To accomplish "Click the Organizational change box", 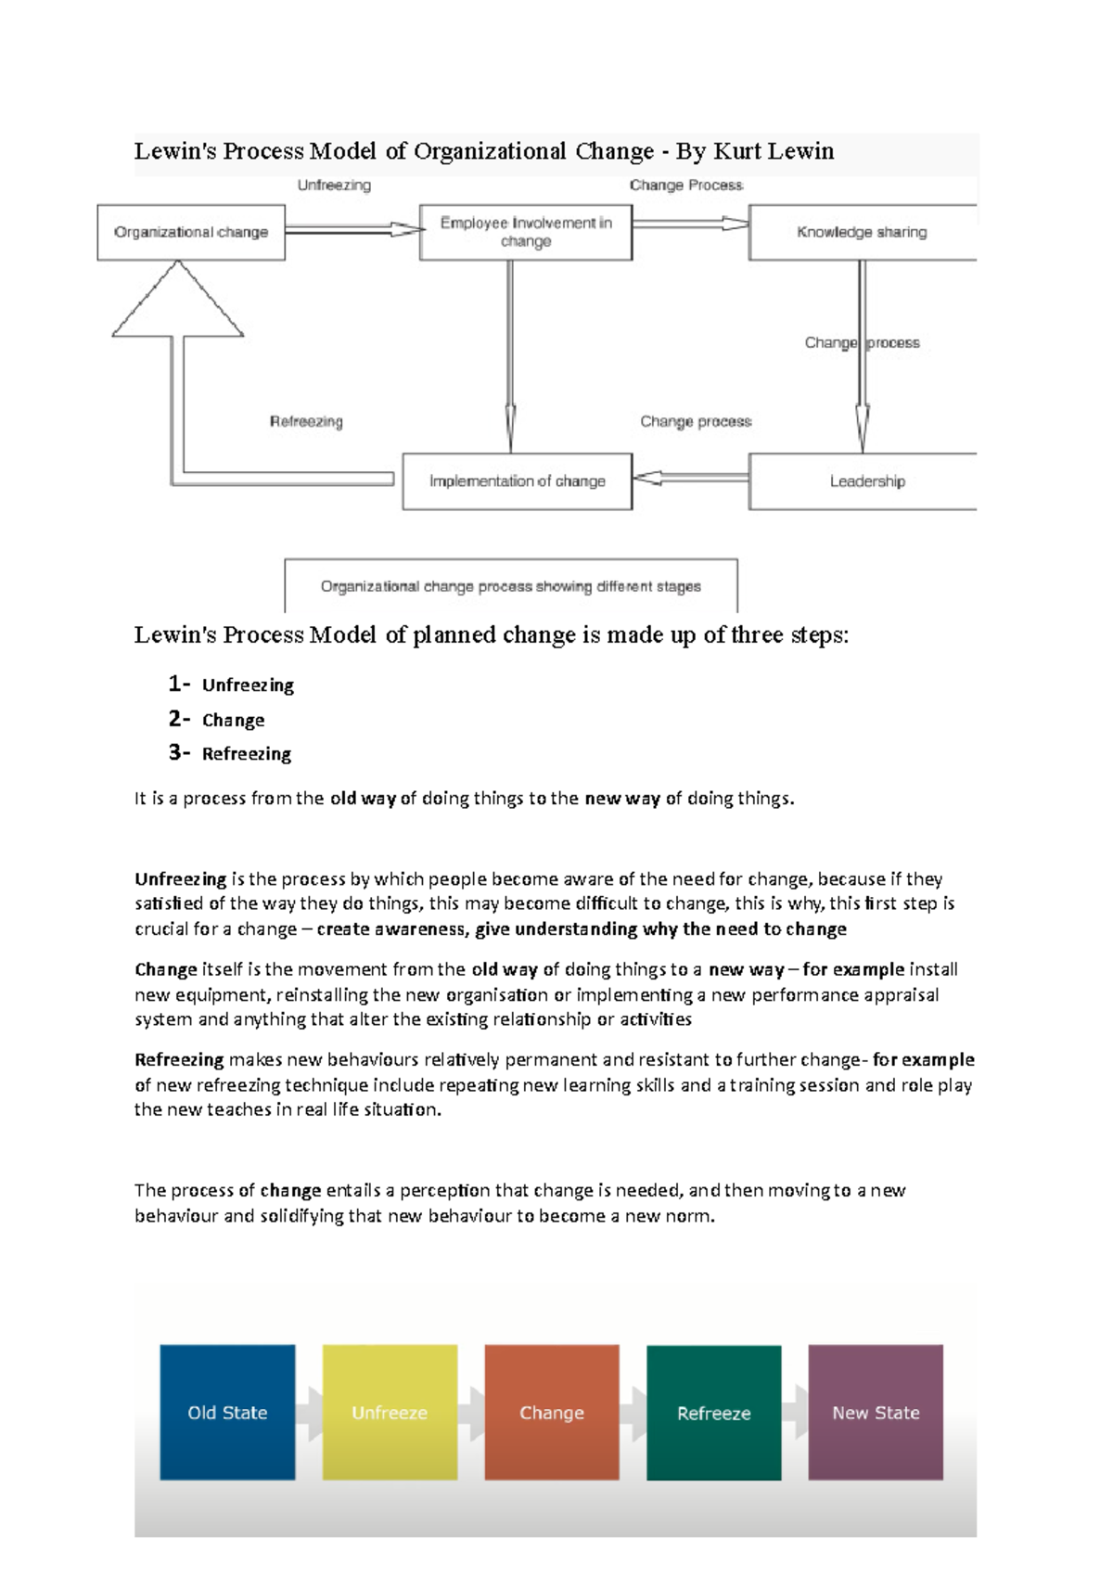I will [191, 232].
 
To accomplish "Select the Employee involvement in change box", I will [526, 232].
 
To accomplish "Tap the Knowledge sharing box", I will [862, 232].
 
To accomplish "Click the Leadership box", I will [866, 481].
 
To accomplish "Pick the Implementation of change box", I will [517, 481].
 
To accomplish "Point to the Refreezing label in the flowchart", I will [306, 421].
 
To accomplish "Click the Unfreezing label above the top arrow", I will [334, 186].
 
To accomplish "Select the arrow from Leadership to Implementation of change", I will [691, 478].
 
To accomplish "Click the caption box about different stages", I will [510, 586].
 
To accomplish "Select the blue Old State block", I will [227, 1412].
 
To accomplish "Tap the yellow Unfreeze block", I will [390, 1412].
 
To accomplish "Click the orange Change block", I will [552, 1412].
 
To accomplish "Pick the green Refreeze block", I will [713, 1412].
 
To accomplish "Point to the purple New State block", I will [876, 1412].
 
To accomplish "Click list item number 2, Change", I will [233, 720].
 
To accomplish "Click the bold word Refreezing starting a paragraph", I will [179, 1059].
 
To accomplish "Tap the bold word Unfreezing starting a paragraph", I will [180, 878].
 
